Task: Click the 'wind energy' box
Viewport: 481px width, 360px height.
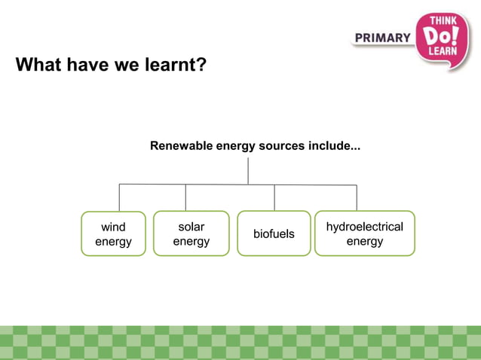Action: (x=113, y=233)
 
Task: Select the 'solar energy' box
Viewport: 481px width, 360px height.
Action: (x=191, y=233)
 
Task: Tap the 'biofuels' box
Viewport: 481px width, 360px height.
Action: (x=274, y=233)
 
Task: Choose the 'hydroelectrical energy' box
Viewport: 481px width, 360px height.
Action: (x=364, y=233)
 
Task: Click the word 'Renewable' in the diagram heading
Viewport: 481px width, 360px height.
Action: (x=182, y=145)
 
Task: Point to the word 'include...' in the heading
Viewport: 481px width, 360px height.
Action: (x=334, y=145)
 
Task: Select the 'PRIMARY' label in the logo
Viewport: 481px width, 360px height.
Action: (x=382, y=38)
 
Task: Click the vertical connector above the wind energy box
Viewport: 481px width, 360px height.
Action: (x=119, y=197)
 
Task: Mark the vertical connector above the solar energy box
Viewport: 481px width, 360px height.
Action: (x=185, y=197)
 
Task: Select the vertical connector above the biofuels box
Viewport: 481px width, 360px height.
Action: (x=274, y=197)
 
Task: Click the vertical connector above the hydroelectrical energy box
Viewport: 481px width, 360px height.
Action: (x=357, y=197)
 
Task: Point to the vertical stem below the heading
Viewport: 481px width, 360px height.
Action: (x=248, y=170)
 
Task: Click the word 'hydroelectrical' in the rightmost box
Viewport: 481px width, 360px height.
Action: (x=364, y=227)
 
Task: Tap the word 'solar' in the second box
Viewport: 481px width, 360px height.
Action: (x=191, y=226)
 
